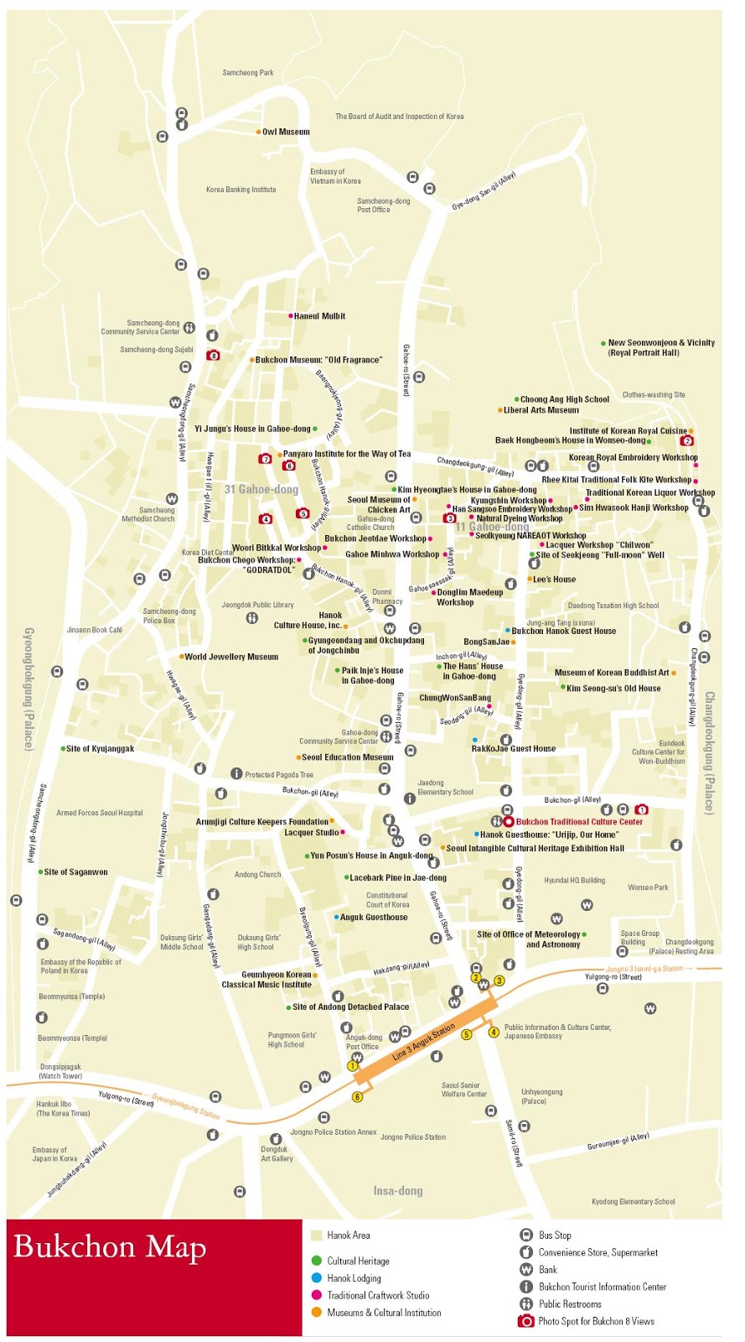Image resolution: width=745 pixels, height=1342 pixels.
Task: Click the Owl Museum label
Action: tap(286, 132)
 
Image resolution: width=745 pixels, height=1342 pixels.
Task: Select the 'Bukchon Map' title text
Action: tap(110, 1247)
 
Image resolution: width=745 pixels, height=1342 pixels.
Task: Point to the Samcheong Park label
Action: tap(248, 73)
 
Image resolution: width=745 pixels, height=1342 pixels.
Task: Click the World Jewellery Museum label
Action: tap(231, 657)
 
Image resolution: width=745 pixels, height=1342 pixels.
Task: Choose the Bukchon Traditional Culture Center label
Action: tap(579, 822)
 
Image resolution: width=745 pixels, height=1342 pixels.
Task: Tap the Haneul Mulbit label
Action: tap(319, 316)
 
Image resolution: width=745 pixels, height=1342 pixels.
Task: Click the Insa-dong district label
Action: tap(398, 1191)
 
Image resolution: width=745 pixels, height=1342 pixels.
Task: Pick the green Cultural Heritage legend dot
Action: tap(316, 1261)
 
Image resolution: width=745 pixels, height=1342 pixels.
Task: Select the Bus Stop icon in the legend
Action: tap(526, 1235)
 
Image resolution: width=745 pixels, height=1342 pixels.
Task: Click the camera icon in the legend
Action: tap(525, 1321)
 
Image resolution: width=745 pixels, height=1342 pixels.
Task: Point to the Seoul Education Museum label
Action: tap(347, 757)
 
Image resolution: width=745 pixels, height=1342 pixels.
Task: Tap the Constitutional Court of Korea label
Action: tap(388, 900)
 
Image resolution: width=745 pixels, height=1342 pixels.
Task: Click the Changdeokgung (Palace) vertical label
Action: tap(709, 752)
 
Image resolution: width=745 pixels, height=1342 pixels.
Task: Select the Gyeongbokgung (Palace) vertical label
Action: tap(28, 689)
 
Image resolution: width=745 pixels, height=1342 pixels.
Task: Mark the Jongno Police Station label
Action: tap(413, 1137)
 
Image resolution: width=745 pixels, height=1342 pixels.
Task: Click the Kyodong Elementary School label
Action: tap(633, 1202)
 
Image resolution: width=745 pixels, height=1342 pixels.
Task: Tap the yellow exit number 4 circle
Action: tap(494, 1033)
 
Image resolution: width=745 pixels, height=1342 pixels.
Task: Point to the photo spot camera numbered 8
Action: tap(213, 356)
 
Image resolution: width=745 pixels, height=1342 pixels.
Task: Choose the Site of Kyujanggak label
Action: tap(100, 749)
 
